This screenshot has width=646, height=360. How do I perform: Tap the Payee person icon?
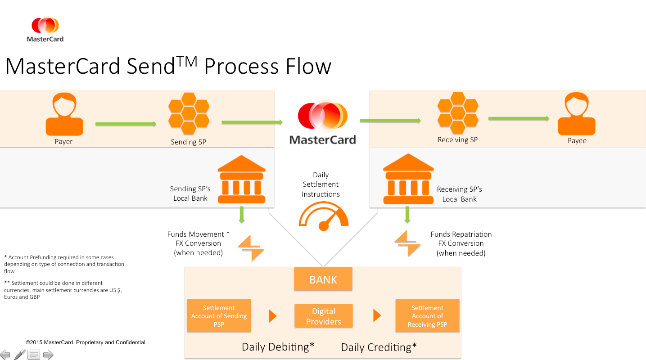[x=577, y=114]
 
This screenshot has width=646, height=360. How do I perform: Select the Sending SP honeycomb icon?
[x=189, y=114]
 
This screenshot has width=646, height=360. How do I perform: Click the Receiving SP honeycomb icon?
[x=458, y=112]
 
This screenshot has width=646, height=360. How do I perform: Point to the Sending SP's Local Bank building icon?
[x=241, y=180]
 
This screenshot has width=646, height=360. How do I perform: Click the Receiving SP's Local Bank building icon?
[x=407, y=180]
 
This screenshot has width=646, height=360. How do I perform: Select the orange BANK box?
[x=323, y=279]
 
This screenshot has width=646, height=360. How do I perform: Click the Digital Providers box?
[x=324, y=316]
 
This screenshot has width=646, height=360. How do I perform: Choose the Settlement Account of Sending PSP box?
[x=219, y=316]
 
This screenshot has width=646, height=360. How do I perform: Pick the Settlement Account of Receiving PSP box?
[x=427, y=316]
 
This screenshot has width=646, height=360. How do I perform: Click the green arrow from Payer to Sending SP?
[x=126, y=124]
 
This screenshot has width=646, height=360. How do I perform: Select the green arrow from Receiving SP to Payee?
[x=519, y=118]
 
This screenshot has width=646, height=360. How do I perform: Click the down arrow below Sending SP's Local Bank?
[x=242, y=215]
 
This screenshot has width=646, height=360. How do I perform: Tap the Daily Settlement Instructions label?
[x=321, y=184]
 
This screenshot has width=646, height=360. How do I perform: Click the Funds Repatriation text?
[x=461, y=234]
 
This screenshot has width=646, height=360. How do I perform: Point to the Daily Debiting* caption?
[x=278, y=347]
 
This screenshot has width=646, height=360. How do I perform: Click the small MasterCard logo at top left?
[x=45, y=29]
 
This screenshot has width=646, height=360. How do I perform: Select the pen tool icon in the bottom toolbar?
[x=19, y=355]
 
